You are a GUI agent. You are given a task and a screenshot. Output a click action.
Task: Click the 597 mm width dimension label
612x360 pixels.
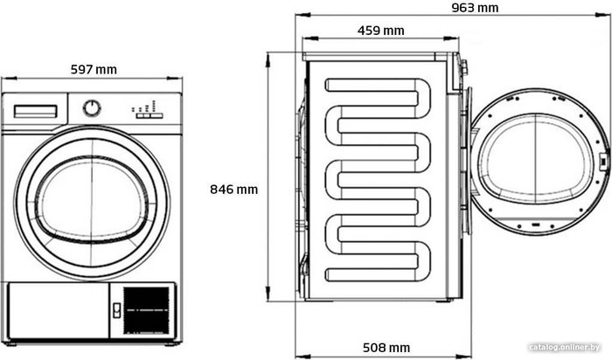pyautogui.click(x=94, y=69)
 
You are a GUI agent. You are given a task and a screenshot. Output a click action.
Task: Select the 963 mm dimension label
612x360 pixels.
pyautogui.click(x=475, y=8)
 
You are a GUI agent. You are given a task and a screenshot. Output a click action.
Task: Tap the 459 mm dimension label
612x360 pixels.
pyautogui.click(x=381, y=31)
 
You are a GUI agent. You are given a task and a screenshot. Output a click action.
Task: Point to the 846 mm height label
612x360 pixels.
pyautogui.click(x=234, y=189)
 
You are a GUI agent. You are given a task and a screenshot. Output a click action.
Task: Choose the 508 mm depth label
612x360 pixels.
pyautogui.click(x=386, y=348)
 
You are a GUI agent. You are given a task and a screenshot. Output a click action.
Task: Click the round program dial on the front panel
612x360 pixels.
pyautogui.click(x=92, y=108)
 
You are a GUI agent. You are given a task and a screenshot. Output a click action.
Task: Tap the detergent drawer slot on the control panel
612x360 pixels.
pyautogui.click(x=36, y=111)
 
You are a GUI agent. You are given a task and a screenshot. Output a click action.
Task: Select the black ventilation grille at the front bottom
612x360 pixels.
pyautogui.click(x=146, y=311)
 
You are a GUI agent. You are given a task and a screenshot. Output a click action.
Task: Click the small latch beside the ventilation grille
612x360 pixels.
pyautogui.click(x=116, y=310)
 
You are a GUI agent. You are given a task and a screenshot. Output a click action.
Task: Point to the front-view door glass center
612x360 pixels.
pyautogui.click(x=92, y=200)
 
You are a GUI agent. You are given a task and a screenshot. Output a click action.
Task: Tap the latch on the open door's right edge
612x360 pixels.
pyautogui.click(x=603, y=161)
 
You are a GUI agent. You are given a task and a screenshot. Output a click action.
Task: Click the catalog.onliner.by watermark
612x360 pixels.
pyautogui.click(x=565, y=347)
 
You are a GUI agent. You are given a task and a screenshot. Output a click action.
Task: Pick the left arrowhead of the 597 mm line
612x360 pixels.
pyautogui.click(x=9, y=79)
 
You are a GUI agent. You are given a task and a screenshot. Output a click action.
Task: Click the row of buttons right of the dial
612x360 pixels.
pyautogui.click(x=150, y=115)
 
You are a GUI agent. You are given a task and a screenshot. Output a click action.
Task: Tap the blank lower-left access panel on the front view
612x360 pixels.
pyautogui.click(x=59, y=311)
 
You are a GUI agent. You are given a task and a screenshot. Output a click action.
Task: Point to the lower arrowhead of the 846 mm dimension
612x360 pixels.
pyautogui.click(x=268, y=293)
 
